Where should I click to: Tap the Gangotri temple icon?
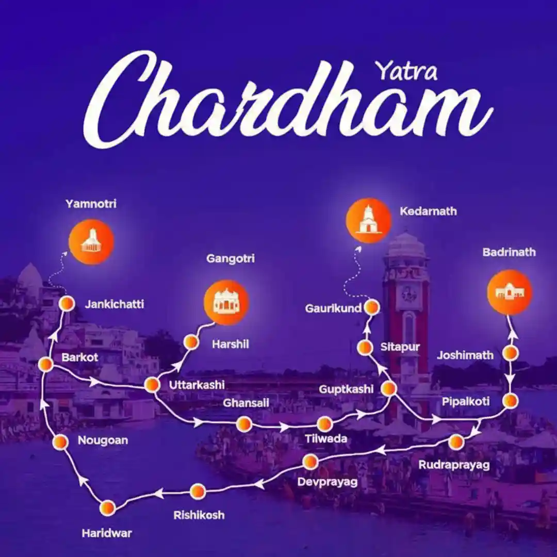[226, 302]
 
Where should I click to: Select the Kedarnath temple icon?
[368, 220]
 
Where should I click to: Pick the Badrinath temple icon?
[510, 292]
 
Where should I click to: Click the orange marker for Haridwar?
[108, 507]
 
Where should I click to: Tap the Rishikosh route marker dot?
[198, 492]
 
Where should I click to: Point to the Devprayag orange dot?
[310, 462]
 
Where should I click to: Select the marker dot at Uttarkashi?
[152, 385]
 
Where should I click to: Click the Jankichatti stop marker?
[67, 304]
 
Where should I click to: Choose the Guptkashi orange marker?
[388, 388]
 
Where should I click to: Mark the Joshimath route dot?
[510, 353]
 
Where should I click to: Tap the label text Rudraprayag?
[453, 465]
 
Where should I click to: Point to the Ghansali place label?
[246, 403]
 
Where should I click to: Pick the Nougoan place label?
[103, 440]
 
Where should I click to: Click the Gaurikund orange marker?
[371, 308]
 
